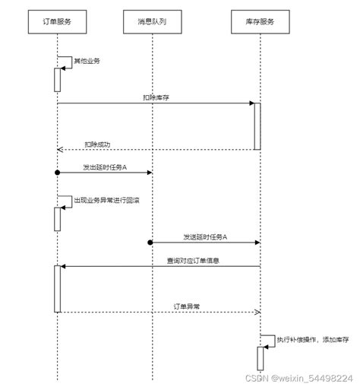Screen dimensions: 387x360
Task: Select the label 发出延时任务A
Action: (105, 167)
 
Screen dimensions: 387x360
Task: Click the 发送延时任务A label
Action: (204, 236)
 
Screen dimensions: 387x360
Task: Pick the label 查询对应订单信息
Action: (194, 261)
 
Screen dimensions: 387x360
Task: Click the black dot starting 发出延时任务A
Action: (57, 173)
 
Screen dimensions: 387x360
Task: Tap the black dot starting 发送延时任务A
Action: (150, 243)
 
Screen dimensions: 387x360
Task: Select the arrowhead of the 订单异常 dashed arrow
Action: (257, 312)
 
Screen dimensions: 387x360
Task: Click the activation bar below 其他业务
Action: (57, 80)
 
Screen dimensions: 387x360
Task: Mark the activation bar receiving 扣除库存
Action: (257, 125)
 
